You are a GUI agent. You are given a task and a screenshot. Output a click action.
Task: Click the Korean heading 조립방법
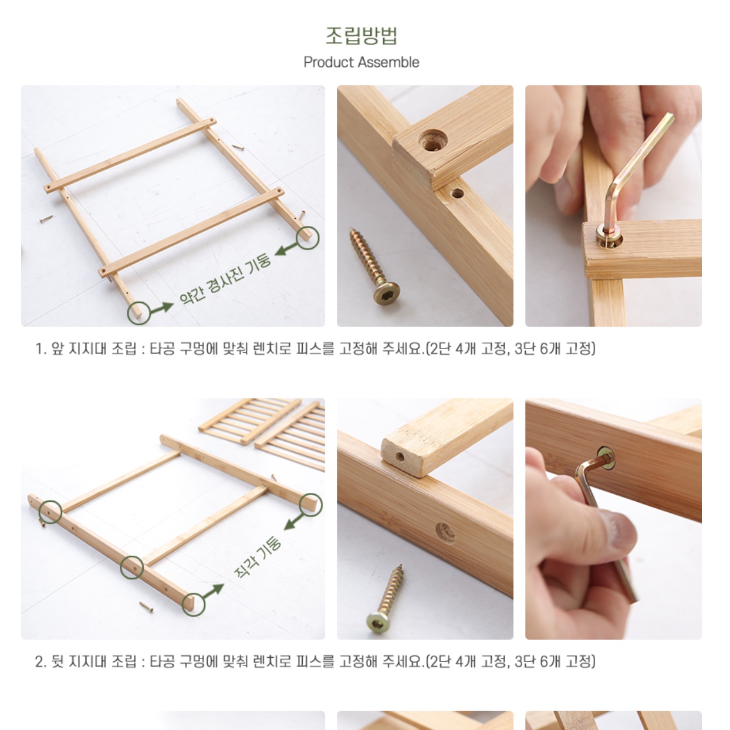tap(361, 35)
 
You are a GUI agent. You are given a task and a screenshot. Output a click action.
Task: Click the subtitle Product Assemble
tap(361, 62)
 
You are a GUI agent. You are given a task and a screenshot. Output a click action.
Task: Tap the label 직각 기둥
tap(258, 557)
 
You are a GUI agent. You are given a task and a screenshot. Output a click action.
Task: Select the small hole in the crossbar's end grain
tap(400, 457)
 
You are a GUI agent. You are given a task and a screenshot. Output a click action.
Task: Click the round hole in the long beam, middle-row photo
tap(445, 532)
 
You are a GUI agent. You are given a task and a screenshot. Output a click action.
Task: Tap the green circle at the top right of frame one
tap(307, 238)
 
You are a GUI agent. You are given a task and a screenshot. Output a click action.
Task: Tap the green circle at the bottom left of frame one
tap(138, 312)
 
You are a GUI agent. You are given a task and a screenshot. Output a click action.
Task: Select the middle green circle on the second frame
tap(132, 567)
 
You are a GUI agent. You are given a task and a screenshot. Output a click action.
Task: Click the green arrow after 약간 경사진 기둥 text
tap(288, 249)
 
